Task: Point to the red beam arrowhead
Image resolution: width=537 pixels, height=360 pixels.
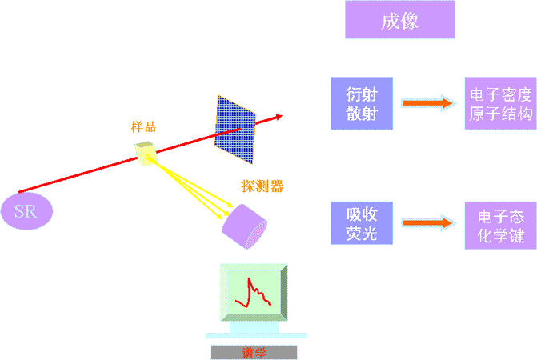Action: pyautogui.click(x=278, y=117)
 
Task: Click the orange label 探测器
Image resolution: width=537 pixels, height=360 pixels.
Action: pyautogui.click(x=262, y=186)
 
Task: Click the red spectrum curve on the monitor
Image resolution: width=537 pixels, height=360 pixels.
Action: pyautogui.click(x=256, y=293)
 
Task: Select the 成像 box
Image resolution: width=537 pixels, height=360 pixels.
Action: pyautogui.click(x=399, y=20)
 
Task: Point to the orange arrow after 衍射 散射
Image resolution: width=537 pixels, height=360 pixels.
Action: pyautogui.click(x=428, y=103)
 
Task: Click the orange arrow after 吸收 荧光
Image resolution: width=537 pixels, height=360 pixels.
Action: pyautogui.click(x=428, y=223)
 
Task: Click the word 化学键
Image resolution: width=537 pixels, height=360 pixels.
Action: pyautogui.click(x=500, y=236)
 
